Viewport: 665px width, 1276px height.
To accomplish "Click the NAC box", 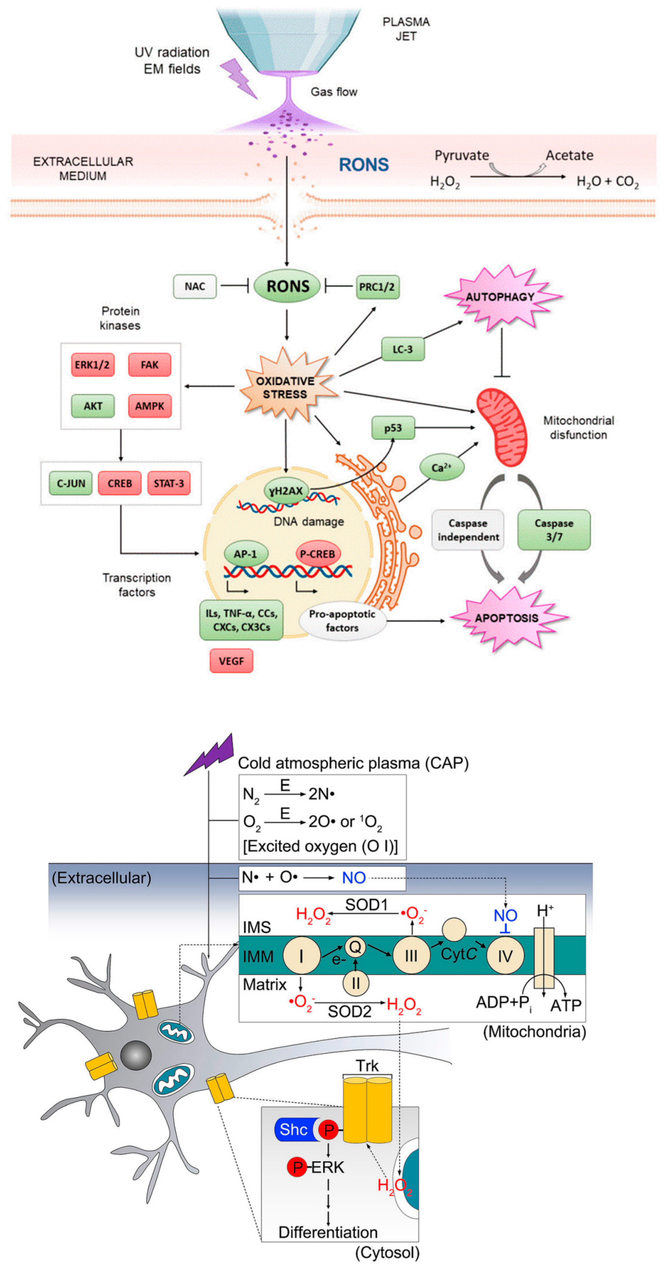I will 195,286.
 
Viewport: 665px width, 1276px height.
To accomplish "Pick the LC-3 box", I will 402,349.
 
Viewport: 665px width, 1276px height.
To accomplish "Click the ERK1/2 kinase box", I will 92,365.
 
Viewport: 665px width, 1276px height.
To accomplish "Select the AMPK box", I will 149,406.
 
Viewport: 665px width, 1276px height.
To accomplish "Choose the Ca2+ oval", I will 441,467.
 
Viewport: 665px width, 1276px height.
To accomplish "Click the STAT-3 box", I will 168,483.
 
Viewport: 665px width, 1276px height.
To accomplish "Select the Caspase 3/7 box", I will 554,530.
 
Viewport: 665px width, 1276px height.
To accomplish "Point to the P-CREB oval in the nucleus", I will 317,554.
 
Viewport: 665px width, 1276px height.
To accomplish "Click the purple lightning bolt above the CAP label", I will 211,755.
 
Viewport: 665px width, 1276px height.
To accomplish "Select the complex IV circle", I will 505,955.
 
